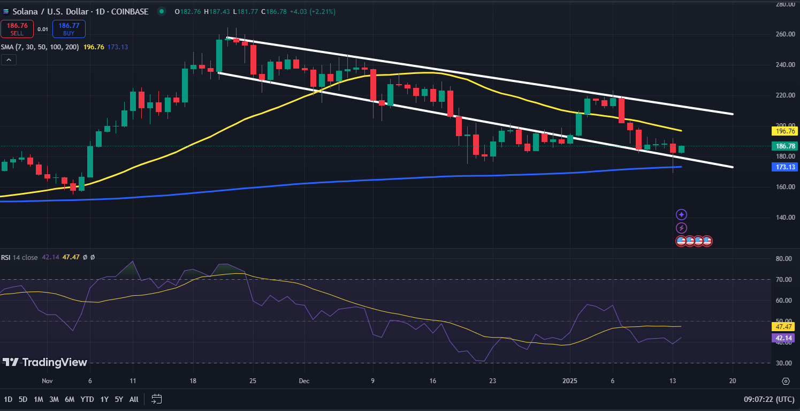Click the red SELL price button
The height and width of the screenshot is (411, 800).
(17, 29)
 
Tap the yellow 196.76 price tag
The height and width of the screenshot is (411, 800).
(784, 131)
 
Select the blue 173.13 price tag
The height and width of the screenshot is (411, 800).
(784, 167)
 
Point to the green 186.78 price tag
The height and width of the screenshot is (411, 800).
(784, 146)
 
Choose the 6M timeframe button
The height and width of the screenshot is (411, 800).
(70, 399)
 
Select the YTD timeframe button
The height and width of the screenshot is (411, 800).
(87, 399)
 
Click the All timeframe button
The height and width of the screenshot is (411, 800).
(134, 399)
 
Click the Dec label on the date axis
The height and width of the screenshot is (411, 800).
(304, 381)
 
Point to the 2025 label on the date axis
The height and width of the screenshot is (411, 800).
(570, 381)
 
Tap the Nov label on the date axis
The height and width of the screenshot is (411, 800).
(47, 381)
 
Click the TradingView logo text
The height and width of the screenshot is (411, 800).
(45, 363)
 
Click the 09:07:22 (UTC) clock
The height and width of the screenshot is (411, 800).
(769, 399)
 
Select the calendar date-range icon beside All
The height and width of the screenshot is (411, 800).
(157, 399)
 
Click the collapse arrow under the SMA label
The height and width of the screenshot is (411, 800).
(8, 60)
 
